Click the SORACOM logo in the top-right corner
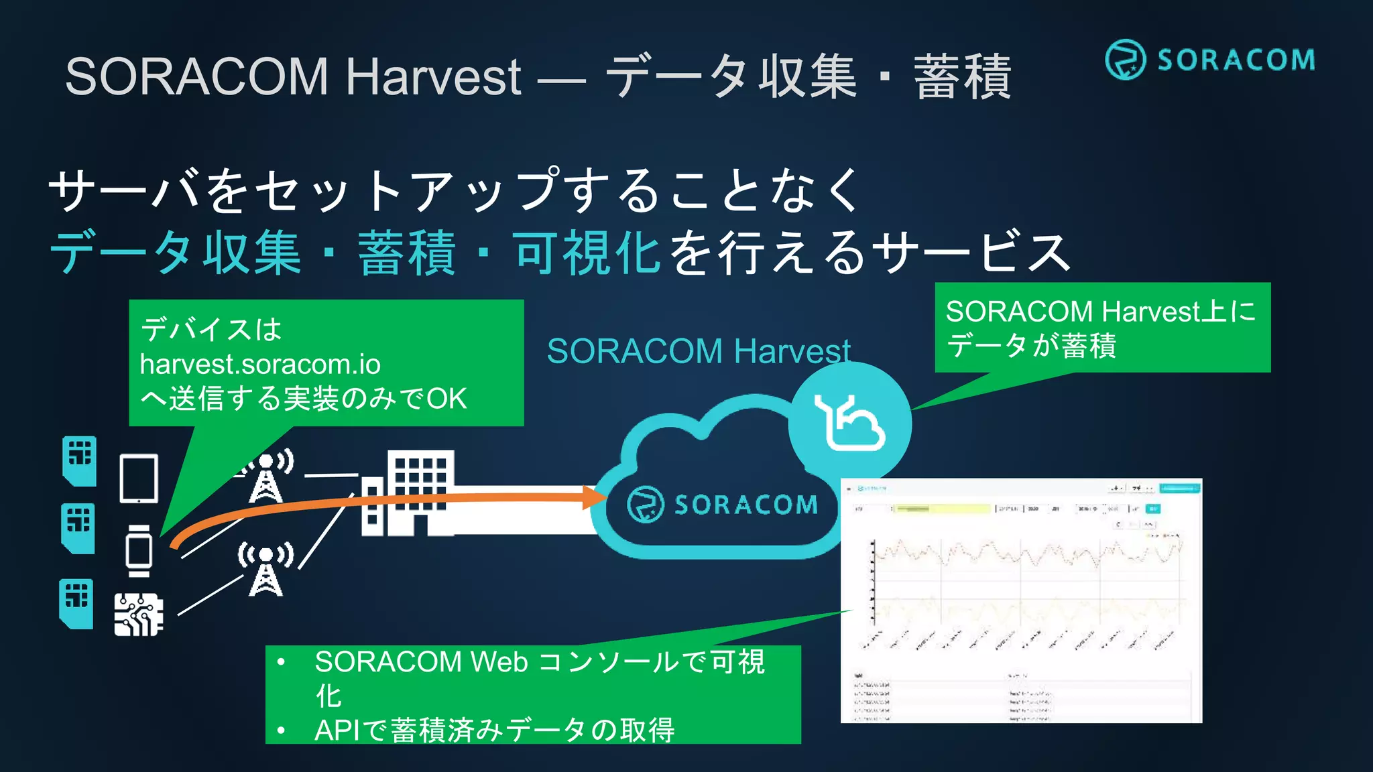(1209, 60)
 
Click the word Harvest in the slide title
(433, 76)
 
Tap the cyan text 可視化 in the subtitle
(588, 253)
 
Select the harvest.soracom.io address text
(260, 365)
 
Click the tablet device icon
(139, 478)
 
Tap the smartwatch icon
(139, 551)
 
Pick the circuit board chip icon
(139, 614)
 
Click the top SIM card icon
(79, 460)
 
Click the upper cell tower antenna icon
(267, 477)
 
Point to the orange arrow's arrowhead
(594, 497)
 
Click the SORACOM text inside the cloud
(745, 505)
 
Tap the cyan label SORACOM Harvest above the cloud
(698, 351)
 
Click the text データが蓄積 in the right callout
(1031, 346)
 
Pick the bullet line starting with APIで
(495, 730)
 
